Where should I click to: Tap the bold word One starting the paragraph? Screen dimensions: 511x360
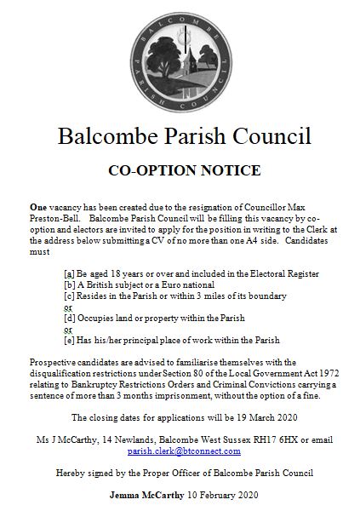37,207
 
